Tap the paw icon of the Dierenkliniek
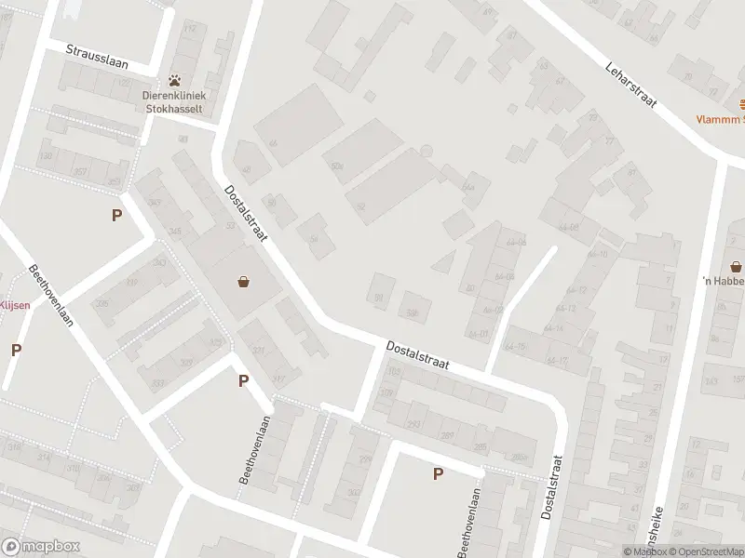tap(174, 81)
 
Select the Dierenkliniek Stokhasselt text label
tap(174, 100)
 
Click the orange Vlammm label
tap(722, 119)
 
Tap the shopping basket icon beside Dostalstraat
tap(244, 281)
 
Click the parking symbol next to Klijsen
tap(16, 351)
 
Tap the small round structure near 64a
tap(427, 151)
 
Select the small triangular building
tap(445, 260)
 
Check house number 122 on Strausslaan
tap(125, 83)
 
